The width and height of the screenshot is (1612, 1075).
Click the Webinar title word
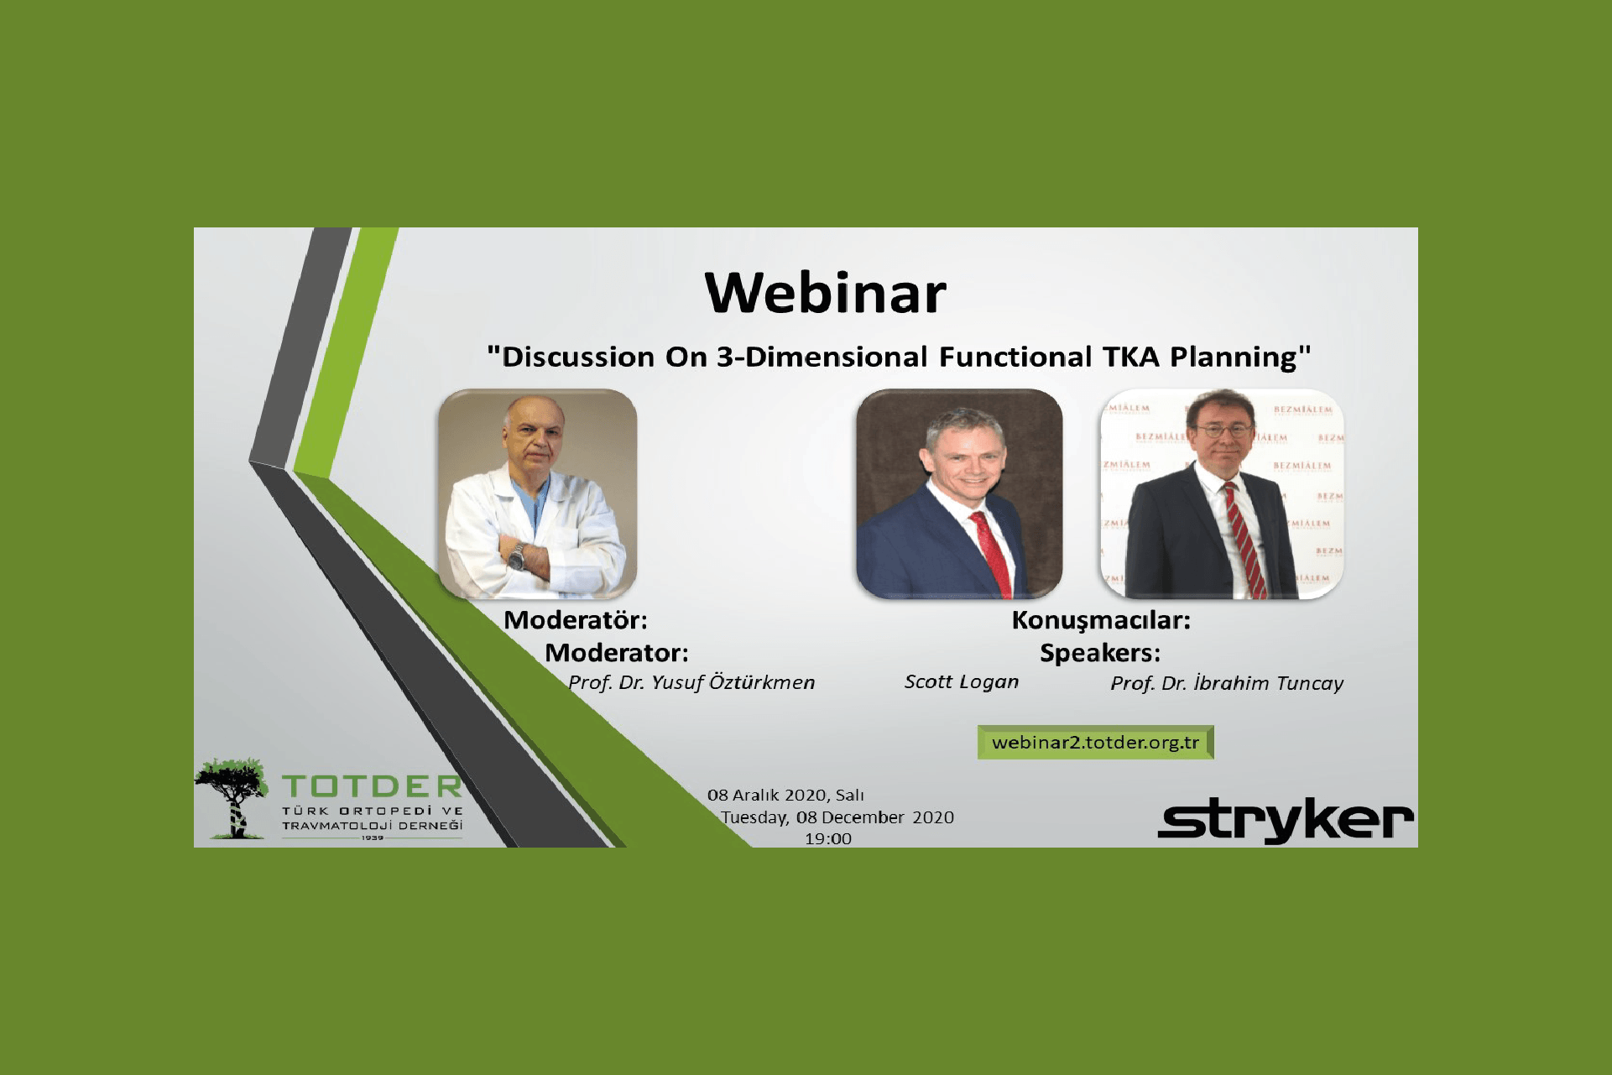point(826,293)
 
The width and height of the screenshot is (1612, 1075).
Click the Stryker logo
point(1286,820)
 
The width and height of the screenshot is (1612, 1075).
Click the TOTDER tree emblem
point(232,798)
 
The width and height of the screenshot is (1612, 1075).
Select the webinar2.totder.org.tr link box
point(1095,743)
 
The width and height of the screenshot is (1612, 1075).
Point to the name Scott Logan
point(962,681)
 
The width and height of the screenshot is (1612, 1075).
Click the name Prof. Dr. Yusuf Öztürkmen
point(691,682)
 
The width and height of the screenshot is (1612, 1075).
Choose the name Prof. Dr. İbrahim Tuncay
point(1227,683)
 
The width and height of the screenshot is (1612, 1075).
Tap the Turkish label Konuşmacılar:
point(1101,620)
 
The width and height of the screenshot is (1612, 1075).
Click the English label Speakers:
point(1100,653)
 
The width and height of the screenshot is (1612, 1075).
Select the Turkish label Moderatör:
point(576,620)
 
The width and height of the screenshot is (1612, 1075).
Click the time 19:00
point(828,838)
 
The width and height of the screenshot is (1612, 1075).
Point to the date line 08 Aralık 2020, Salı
point(785,795)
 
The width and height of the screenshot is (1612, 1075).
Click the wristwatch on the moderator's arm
point(517,556)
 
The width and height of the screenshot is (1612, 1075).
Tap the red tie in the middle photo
point(993,554)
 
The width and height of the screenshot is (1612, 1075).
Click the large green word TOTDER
point(372,786)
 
